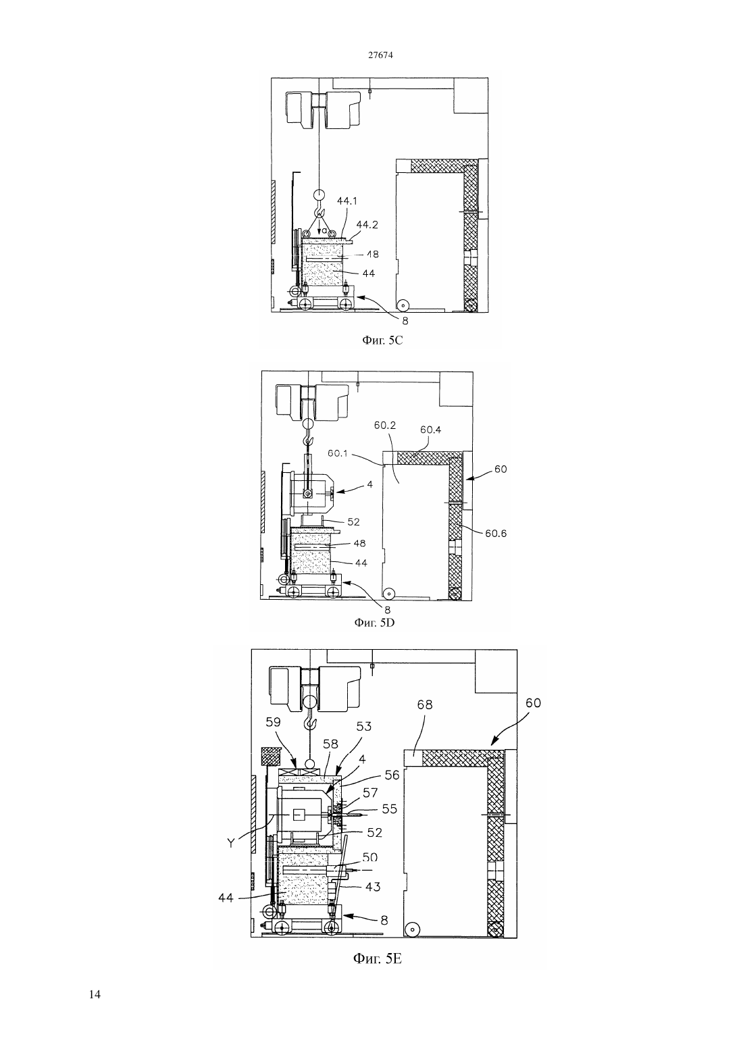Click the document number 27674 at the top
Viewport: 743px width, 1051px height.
pyautogui.click(x=380, y=55)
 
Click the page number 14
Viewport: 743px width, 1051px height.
pyautogui.click(x=95, y=994)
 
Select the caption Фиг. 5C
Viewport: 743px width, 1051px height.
pyautogui.click(x=382, y=340)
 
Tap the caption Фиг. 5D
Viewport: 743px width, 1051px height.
pyautogui.click(x=374, y=623)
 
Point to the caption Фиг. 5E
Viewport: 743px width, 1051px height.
pyautogui.click(x=378, y=958)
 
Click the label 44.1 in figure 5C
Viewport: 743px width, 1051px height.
pyautogui.click(x=347, y=201)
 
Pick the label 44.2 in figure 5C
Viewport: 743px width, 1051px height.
pyautogui.click(x=367, y=224)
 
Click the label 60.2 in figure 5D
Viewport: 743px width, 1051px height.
pyautogui.click(x=385, y=425)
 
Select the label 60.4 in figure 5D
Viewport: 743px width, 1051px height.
pyautogui.click(x=431, y=430)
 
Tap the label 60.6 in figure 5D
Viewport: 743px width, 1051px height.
pyautogui.click(x=496, y=534)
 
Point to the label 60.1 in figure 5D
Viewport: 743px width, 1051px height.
pyautogui.click(x=338, y=453)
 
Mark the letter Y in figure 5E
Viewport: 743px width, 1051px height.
pyautogui.click(x=231, y=843)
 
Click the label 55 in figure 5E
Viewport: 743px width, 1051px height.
pyautogui.click(x=389, y=809)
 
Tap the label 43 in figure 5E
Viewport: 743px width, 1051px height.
pyautogui.click(x=373, y=887)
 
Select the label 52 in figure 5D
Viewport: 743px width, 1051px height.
pyautogui.click(x=353, y=521)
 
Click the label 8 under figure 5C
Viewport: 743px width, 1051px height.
pyautogui.click(x=405, y=321)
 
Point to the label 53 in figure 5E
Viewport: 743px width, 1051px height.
pyautogui.click(x=363, y=726)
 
